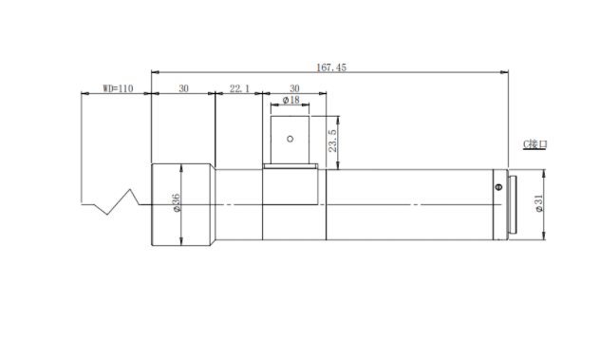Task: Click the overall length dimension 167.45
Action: (331, 67)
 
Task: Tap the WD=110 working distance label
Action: (118, 88)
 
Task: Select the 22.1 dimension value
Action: (239, 88)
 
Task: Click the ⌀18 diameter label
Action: (291, 100)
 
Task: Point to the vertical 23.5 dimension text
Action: (332, 141)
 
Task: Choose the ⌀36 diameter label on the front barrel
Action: (176, 203)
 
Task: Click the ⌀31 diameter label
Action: (539, 203)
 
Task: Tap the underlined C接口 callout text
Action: (534, 144)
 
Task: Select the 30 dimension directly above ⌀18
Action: (294, 88)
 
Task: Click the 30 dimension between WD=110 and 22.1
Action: (183, 88)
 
